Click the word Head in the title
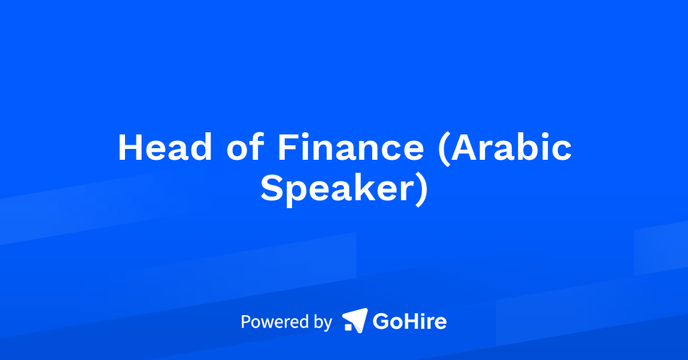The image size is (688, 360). (165, 147)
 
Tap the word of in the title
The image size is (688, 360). (245, 147)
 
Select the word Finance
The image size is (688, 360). (351, 147)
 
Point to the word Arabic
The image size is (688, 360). (512, 147)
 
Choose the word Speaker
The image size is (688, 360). (337, 188)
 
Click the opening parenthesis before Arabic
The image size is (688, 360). (444, 149)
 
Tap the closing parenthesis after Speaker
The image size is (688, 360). (421, 189)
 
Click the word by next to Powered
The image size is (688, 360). (322, 322)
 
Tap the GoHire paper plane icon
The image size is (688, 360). (355, 320)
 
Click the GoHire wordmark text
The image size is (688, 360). (409, 322)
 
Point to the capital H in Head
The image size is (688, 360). (131, 147)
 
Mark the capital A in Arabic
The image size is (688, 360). (465, 147)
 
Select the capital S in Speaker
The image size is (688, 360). (272, 188)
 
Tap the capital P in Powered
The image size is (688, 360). (246, 322)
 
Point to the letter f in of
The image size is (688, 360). (257, 147)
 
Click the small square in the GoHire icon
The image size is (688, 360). (348, 327)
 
